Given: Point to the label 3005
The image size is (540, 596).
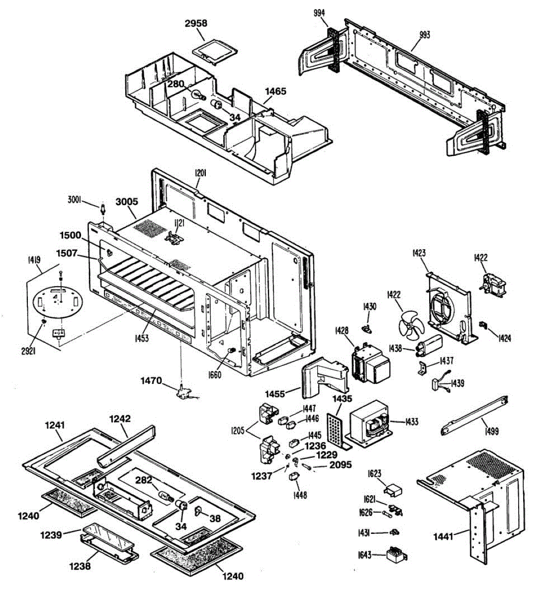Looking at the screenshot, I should (127, 202).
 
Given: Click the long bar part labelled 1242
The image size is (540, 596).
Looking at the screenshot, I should (126, 445).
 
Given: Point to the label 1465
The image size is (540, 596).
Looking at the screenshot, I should (275, 91).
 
